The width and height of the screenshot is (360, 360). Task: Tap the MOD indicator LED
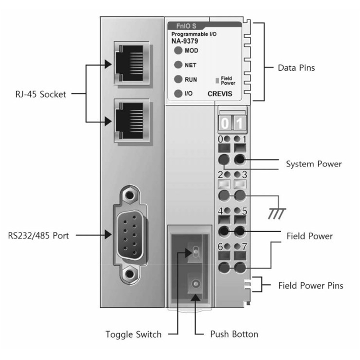tap(178, 50)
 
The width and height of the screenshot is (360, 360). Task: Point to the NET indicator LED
tap(178, 65)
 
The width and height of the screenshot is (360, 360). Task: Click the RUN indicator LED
tap(178, 79)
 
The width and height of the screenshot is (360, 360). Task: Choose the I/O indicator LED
tap(178, 94)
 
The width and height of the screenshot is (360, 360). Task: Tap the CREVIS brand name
tap(220, 95)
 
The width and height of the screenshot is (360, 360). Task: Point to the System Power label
tap(314, 164)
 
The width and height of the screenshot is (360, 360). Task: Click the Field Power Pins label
tap(310, 285)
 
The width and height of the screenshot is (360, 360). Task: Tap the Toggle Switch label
tap(133, 334)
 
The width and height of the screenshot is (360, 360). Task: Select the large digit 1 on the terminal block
tap(239, 122)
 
